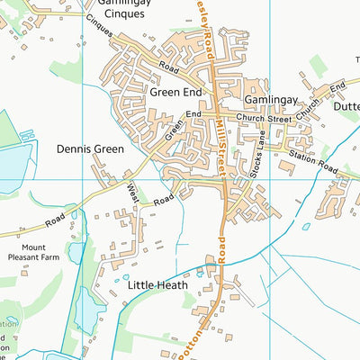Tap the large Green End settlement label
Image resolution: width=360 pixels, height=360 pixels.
(x=176, y=93)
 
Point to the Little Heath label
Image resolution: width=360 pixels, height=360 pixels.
(x=157, y=285)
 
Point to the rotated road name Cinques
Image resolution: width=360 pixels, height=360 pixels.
(x=100, y=28)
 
